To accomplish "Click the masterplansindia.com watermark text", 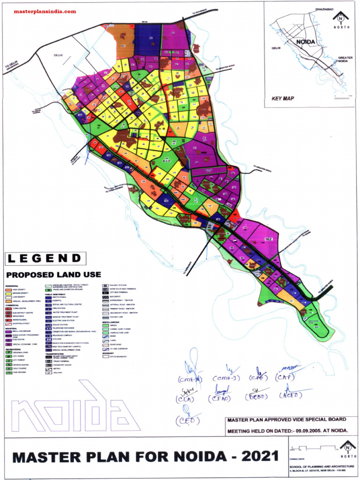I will point(45,11).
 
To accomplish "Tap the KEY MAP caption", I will point(283,99).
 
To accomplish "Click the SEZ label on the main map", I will point(269,240).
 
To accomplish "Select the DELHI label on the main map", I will point(58,55).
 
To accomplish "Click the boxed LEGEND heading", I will point(45,258).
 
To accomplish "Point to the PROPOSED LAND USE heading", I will point(53,274).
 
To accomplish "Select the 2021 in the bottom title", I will point(258,456).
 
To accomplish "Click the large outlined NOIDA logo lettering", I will point(75,410).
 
